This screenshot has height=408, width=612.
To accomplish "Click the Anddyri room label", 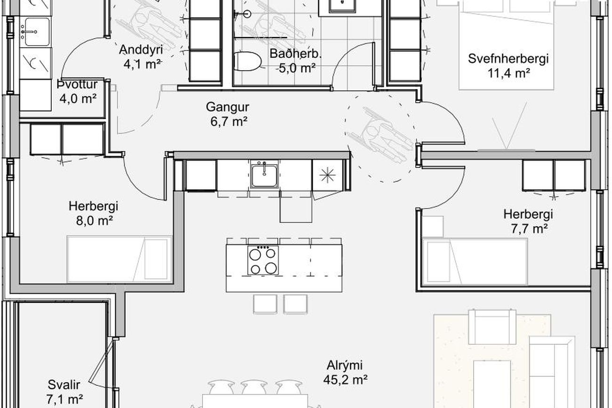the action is (141, 50).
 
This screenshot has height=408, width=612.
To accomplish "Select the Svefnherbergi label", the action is (508, 59).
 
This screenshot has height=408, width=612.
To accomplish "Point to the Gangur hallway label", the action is (227, 107).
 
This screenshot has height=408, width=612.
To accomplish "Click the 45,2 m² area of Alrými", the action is (346, 379).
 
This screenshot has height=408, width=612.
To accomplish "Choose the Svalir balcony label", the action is (64, 385).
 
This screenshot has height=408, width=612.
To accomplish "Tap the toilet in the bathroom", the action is (247, 62).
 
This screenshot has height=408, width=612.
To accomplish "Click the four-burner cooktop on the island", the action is (263, 260).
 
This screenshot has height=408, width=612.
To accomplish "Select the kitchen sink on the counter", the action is (265, 175).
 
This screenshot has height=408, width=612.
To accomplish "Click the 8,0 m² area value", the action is (95, 221).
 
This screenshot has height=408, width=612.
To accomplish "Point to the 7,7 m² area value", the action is (529, 229).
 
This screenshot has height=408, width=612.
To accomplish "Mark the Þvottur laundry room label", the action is (77, 84).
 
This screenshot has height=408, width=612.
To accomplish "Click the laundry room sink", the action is (37, 32).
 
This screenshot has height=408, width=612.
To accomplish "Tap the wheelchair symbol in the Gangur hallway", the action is (380, 136).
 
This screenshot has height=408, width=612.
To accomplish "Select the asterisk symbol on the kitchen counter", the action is (328, 176).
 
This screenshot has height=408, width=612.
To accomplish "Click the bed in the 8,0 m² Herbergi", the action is (120, 259).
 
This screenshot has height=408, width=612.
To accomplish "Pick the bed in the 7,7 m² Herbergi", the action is (475, 262).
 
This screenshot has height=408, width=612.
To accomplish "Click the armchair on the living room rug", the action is (492, 327).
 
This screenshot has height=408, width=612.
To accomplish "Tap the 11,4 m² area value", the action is (509, 73).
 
